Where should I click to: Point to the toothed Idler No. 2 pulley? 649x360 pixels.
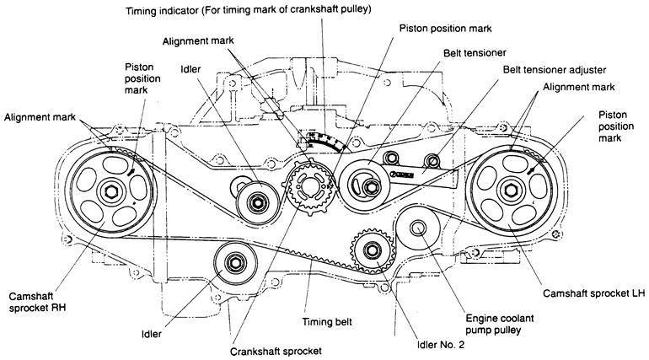[x=371, y=249]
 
